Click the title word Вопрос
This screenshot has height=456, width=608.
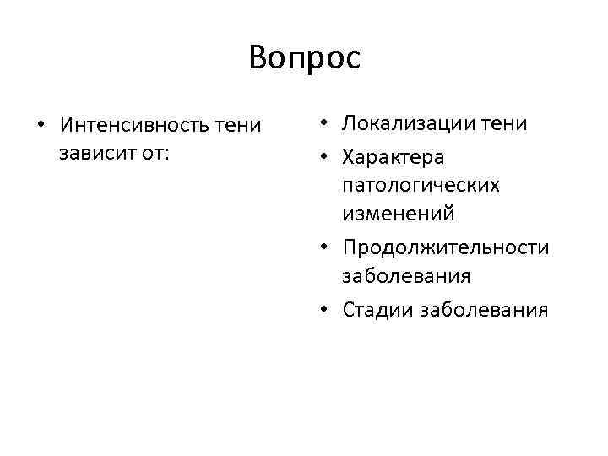click(304, 57)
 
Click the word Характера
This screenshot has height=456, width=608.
click(394, 157)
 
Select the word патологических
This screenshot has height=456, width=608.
click(421, 185)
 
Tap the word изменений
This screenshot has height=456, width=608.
click(399, 214)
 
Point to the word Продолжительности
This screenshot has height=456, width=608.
click(446, 247)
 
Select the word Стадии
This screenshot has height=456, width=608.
click(372, 310)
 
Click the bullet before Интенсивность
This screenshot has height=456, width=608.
click(41, 127)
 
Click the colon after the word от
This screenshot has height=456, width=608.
click(166, 155)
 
